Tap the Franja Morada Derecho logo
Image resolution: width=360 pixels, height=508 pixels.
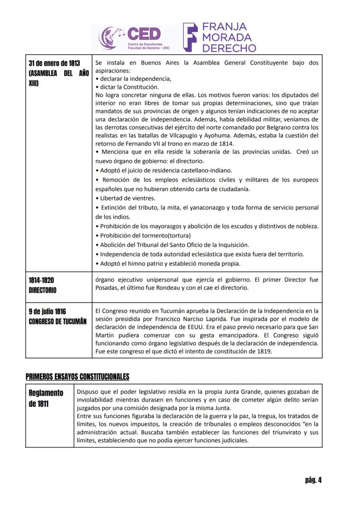point(220,37)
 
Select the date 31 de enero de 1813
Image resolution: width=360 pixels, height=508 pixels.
point(54,63)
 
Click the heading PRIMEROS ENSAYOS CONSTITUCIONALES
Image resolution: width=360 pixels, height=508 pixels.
point(77,376)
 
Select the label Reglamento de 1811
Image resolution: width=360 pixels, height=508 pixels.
point(46,398)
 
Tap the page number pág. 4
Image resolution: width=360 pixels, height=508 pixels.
point(313,480)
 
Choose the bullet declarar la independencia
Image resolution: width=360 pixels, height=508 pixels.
point(133,79)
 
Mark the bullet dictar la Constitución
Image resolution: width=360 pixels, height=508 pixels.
point(126,87)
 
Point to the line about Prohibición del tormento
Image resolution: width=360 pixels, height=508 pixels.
point(140,236)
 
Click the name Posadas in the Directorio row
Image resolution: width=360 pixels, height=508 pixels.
point(107,288)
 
